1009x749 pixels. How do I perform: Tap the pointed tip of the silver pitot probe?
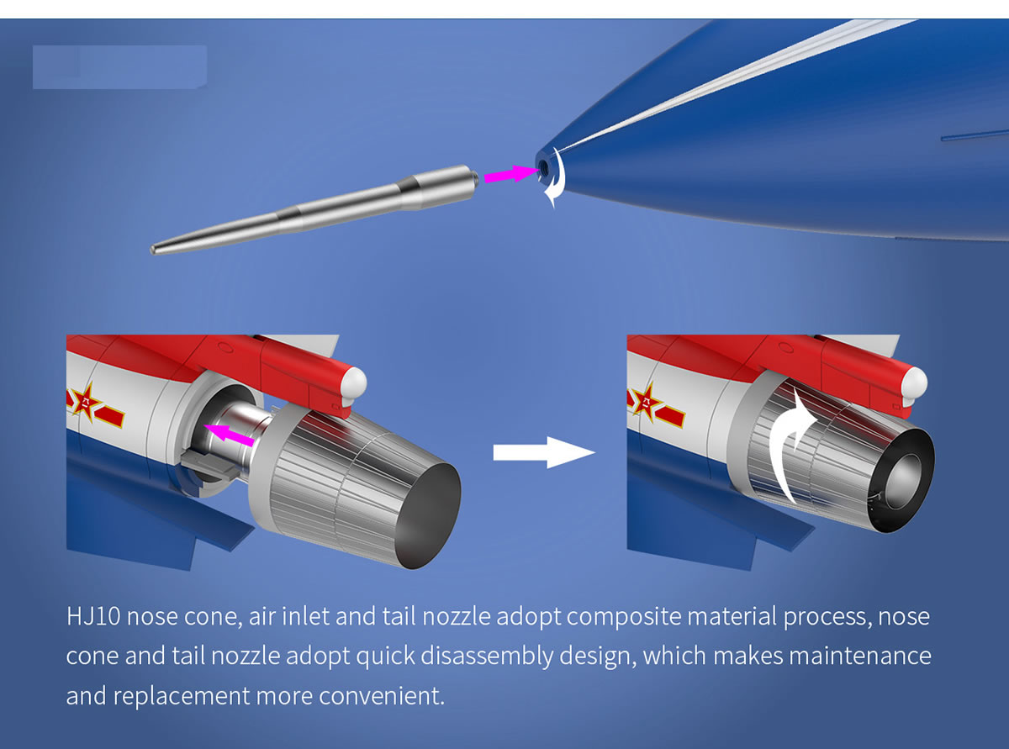(x=152, y=249)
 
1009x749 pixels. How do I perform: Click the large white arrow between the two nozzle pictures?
(x=544, y=452)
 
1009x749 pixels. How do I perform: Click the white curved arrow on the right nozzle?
(x=790, y=442)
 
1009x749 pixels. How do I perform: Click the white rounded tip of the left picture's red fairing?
(x=354, y=383)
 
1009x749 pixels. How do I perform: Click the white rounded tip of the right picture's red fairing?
(x=914, y=383)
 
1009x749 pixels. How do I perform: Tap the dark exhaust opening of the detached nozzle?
(x=428, y=515)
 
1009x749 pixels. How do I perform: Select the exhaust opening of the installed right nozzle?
(x=902, y=480)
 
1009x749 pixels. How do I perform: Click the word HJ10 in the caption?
(x=93, y=617)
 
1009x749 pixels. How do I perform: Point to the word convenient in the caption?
(x=381, y=696)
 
